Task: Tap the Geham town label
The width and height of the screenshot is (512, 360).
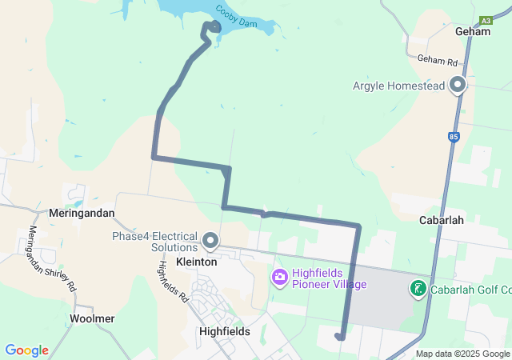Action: click(471, 31)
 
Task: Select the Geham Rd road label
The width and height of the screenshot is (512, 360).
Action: click(437, 60)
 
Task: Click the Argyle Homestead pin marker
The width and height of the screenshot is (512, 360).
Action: click(458, 84)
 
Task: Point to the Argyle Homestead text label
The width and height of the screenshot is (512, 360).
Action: click(398, 86)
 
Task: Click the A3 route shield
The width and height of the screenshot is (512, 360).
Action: click(486, 20)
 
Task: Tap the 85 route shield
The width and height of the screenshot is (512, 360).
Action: click(454, 138)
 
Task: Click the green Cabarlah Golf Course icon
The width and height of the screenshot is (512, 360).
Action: click(418, 289)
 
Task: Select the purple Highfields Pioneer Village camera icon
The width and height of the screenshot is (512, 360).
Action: click(280, 278)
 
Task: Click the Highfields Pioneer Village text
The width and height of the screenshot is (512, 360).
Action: click(329, 278)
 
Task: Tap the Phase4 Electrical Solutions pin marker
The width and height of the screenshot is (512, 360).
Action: click(211, 239)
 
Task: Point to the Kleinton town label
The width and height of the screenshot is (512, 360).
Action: click(196, 262)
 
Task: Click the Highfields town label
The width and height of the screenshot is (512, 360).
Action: click(224, 331)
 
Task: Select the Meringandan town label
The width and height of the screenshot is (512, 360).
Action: click(82, 214)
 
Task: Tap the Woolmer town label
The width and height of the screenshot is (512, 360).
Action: click(92, 318)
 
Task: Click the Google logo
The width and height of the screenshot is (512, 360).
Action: click(26, 350)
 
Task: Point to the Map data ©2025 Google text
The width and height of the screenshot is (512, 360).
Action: click(462, 354)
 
